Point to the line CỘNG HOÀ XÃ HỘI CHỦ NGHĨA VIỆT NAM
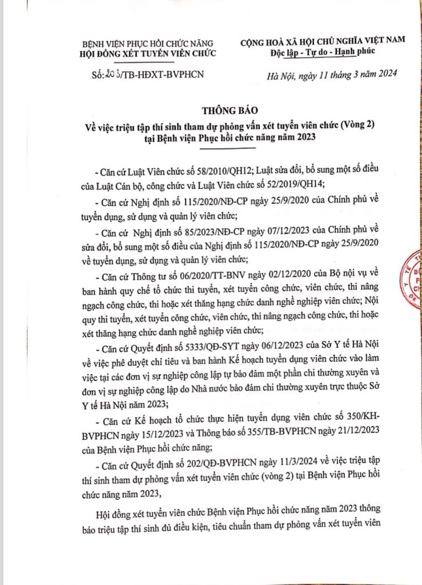323,42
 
